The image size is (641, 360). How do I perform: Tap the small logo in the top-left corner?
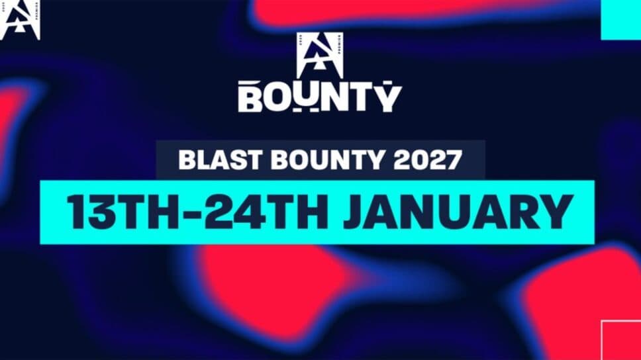[20, 20]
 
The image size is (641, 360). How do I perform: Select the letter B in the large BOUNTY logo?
[252, 97]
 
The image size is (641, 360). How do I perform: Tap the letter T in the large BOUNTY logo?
[363, 97]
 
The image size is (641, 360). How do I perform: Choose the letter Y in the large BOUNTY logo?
[389, 97]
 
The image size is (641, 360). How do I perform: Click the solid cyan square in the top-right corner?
[620, 19]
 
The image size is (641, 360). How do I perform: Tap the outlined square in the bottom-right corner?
[621, 339]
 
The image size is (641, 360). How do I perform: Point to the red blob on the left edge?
[13, 119]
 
